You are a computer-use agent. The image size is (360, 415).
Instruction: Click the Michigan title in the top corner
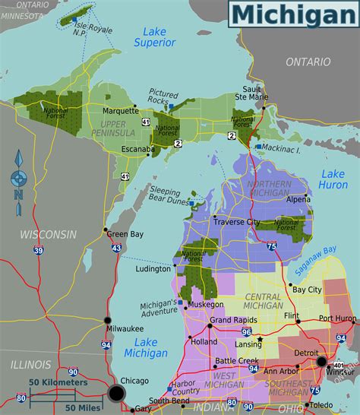(292, 14)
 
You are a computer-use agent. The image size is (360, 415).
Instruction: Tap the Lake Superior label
(154, 36)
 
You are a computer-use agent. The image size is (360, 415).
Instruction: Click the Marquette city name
(121, 109)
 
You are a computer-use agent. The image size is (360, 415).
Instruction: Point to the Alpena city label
(298, 199)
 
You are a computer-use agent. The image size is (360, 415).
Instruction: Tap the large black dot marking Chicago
(116, 393)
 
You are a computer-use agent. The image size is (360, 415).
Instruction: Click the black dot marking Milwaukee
(108, 320)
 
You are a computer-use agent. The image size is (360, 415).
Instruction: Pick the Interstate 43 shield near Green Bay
(116, 249)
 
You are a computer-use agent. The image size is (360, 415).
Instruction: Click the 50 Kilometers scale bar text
(58, 382)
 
